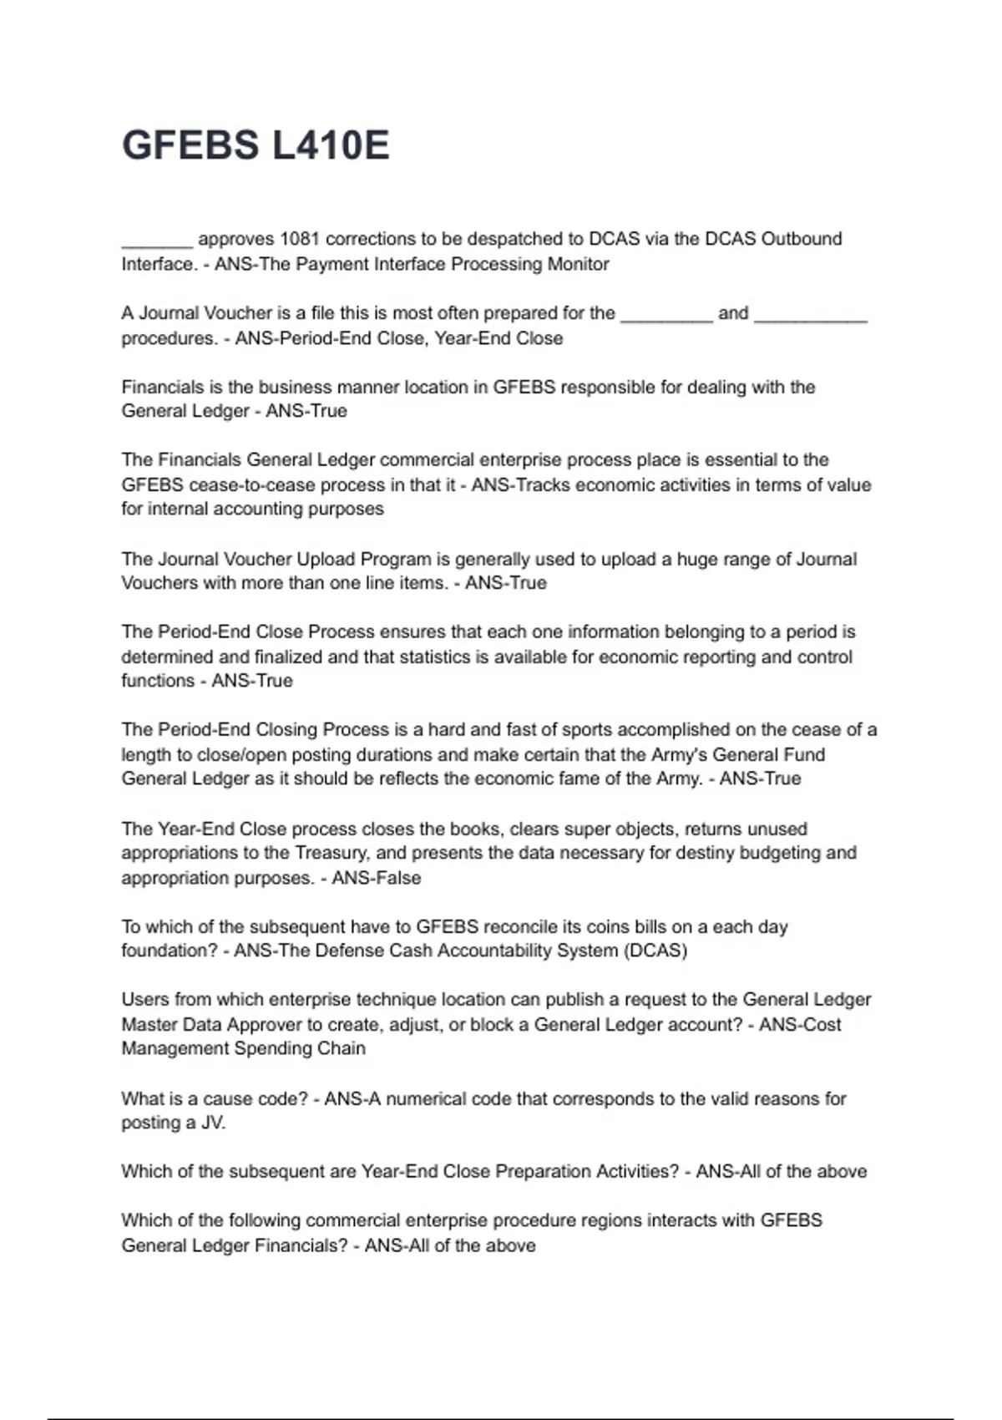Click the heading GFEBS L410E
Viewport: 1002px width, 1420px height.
click(256, 145)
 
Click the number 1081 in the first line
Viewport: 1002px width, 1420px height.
click(300, 239)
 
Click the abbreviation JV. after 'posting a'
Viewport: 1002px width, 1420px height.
click(214, 1123)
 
